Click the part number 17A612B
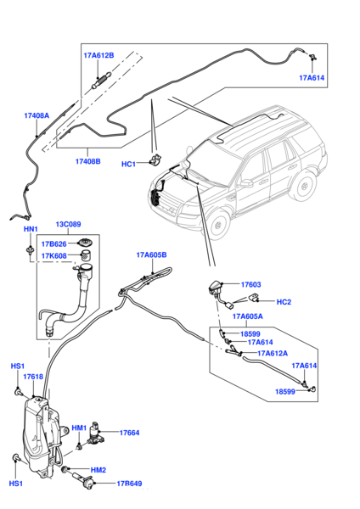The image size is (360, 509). pyautogui.click(x=99, y=55)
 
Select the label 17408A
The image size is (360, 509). pyautogui.click(x=37, y=115)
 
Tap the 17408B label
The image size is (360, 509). pyautogui.click(x=87, y=160)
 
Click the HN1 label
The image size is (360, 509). pyautogui.click(x=30, y=229)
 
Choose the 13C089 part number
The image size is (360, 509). pyautogui.click(x=70, y=225)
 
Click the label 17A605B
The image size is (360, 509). pyautogui.click(x=151, y=255)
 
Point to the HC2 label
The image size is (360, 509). pyautogui.click(x=284, y=302)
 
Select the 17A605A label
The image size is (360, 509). pyautogui.click(x=247, y=316)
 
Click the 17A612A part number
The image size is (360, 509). pyautogui.click(x=272, y=353)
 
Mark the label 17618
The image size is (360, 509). pyautogui.click(x=33, y=377)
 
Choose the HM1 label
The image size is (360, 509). pyautogui.click(x=79, y=428)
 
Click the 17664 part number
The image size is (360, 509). pyautogui.click(x=129, y=433)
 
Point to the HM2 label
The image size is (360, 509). pyautogui.click(x=98, y=469)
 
